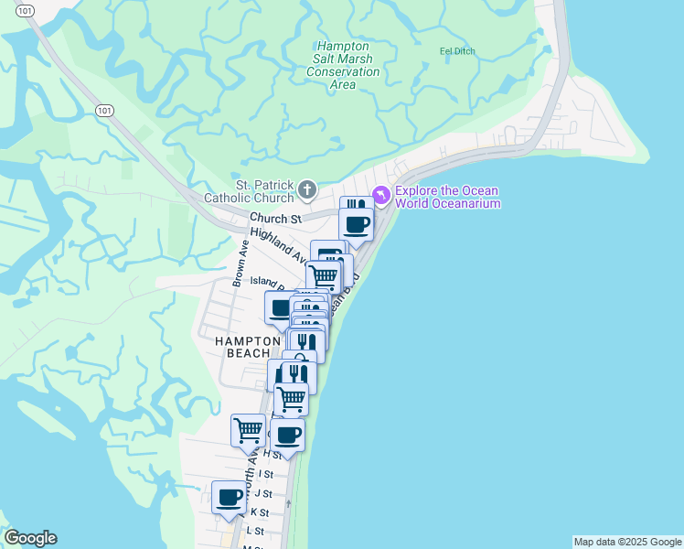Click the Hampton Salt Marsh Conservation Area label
point(343,65)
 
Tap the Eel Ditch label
point(457,51)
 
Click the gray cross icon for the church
point(307,190)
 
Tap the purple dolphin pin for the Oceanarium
point(381,195)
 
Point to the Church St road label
point(275,220)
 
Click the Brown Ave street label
point(238,264)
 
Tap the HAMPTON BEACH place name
point(248,347)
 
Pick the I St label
point(266,474)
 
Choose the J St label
point(266,493)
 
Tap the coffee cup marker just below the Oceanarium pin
point(356,223)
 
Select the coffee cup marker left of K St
point(229,497)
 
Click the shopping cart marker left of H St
point(249,429)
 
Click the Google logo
point(30,538)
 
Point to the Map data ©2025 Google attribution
point(627,542)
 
